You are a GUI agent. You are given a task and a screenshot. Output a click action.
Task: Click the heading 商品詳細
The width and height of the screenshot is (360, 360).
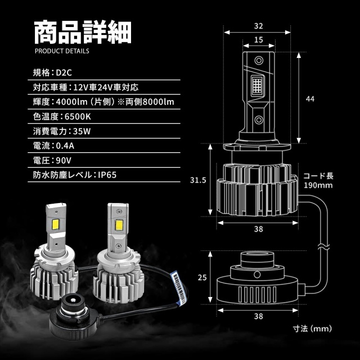[x=82, y=33]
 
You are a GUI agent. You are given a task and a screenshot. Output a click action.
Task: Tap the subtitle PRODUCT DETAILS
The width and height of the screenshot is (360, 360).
[x=61, y=51]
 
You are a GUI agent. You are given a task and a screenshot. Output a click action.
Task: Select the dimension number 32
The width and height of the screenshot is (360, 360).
[x=258, y=25]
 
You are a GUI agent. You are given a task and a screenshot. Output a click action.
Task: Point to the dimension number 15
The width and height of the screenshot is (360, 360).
[x=258, y=40]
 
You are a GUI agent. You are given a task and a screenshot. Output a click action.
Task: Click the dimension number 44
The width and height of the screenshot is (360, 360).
[x=309, y=98]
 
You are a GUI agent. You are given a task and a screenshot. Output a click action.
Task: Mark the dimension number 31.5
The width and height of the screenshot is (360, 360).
[x=194, y=180]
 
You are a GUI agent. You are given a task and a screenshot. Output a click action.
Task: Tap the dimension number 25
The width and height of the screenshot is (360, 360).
[x=202, y=277]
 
